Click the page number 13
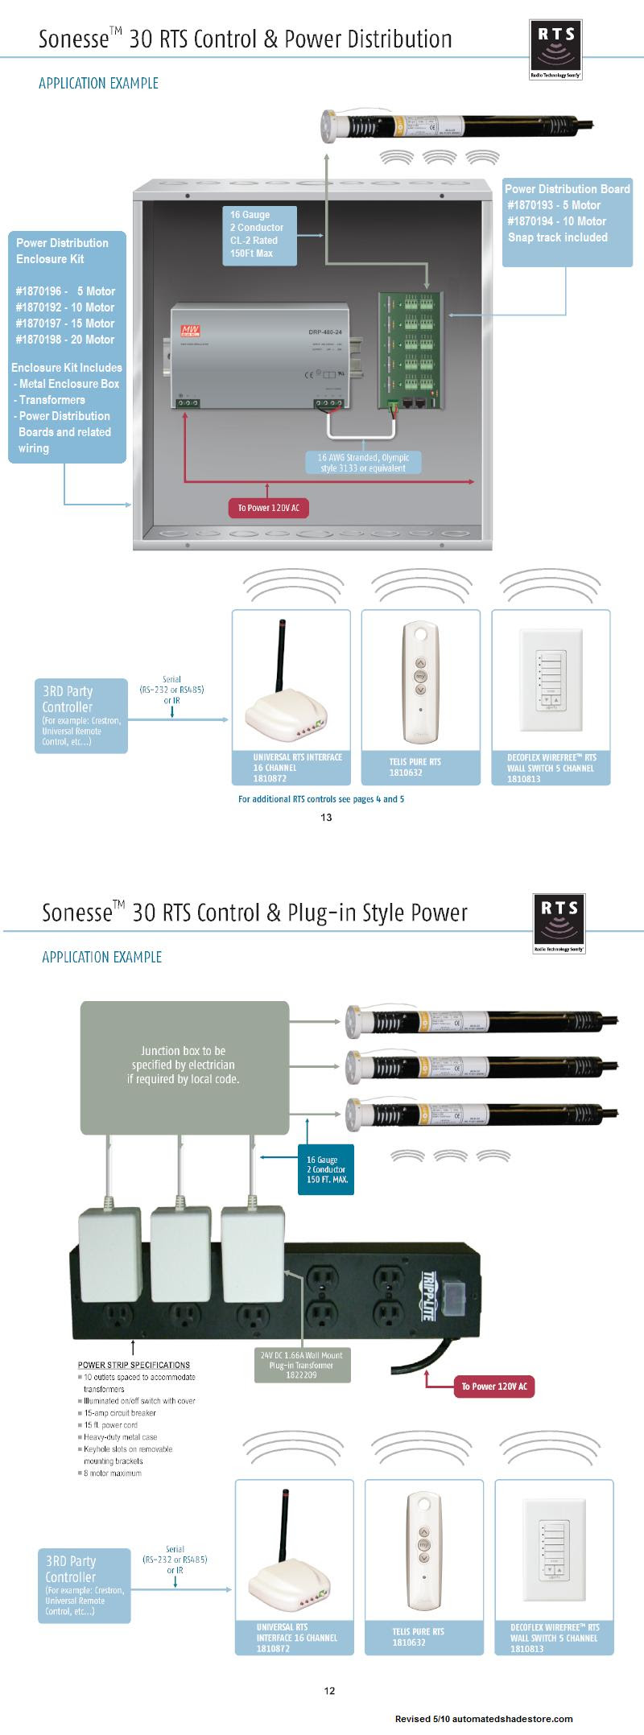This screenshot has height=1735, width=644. (x=326, y=818)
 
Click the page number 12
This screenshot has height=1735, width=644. (x=329, y=1691)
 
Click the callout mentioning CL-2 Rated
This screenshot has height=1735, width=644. (x=258, y=235)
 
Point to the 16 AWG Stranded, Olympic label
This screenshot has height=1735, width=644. (x=363, y=463)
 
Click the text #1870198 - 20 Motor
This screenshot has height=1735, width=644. (x=64, y=340)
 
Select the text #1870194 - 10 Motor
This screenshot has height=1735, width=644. (x=556, y=221)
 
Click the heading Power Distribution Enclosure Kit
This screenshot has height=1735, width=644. (x=62, y=251)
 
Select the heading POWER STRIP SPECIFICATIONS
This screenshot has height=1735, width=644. (x=134, y=1365)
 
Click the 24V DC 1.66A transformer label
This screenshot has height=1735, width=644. (x=302, y=1365)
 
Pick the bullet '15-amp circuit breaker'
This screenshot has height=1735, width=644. (x=120, y=1413)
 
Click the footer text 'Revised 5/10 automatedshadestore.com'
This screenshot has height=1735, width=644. (x=483, y=1719)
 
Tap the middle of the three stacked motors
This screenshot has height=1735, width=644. (x=481, y=1067)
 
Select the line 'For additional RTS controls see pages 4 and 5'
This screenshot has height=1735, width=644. (x=321, y=799)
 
